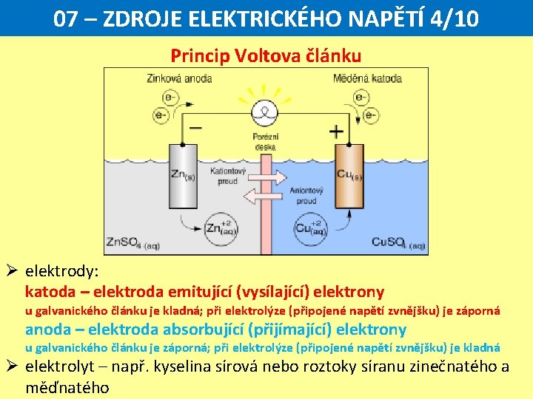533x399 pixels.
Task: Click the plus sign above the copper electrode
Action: click(336, 132)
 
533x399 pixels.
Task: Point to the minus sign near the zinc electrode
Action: click(195, 127)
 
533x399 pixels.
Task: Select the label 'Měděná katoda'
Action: click(368, 78)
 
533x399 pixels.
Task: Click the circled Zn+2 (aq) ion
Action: click(220, 228)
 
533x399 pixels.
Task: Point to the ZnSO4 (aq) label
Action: click(134, 242)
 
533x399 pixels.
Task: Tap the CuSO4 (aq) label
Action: click(398, 242)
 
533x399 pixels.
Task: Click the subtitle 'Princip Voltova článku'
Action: click(266, 55)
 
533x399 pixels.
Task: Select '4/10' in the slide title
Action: click(452, 18)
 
